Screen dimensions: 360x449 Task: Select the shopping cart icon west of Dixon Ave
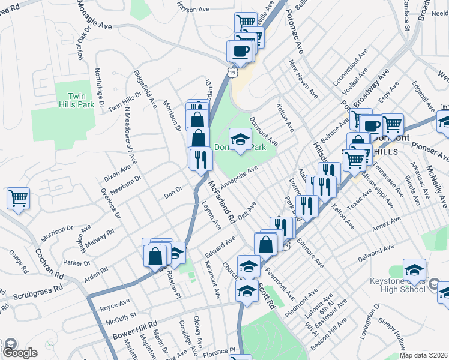pos(19,198)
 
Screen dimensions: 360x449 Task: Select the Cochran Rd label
pos(49,265)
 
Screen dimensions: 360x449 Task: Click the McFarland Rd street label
pos(222,203)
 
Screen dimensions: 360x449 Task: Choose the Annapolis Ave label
pos(238,176)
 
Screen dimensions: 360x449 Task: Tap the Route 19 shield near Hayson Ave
pos(232,71)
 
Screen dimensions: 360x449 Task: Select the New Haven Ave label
pos(303,79)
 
